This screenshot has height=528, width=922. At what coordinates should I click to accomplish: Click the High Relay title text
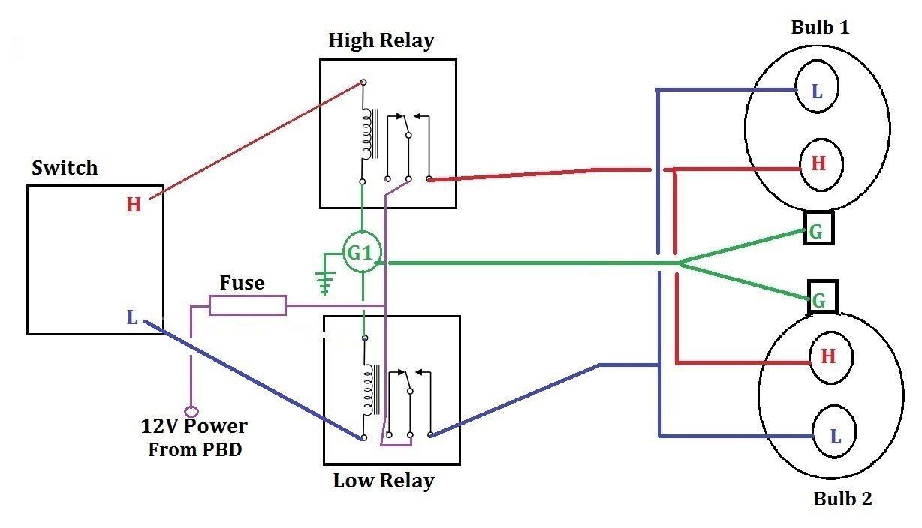point(381,41)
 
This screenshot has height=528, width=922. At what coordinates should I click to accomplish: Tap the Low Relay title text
point(384,480)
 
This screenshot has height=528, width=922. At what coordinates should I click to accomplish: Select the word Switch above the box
point(65,168)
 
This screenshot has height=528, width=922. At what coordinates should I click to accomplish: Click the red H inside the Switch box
point(134,205)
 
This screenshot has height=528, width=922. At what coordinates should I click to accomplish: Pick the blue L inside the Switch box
point(132,318)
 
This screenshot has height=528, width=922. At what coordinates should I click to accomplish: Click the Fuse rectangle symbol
point(247,305)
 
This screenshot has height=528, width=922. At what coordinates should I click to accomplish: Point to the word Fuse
point(242,283)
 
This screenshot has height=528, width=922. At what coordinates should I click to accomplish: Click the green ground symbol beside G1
point(325,274)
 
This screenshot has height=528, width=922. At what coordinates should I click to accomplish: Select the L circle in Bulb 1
point(817,92)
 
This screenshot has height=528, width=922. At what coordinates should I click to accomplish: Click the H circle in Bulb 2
point(829,356)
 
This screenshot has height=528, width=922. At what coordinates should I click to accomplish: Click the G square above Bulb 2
point(821,301)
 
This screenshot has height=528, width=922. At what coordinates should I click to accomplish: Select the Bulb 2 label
point(842,499)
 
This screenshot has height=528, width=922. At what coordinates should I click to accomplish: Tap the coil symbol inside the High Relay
point(367,135)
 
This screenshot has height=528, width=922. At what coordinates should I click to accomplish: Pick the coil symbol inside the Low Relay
point(368,389)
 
